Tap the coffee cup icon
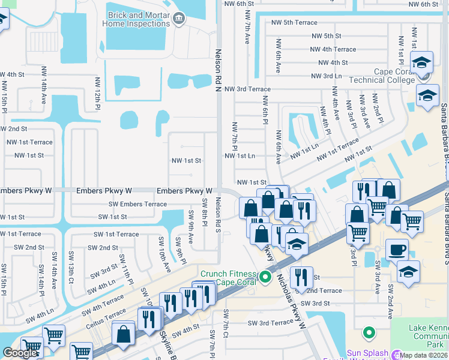[396, 249]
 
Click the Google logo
[20, 352]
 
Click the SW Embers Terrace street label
[138, 204]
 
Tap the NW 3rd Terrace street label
[247, 89]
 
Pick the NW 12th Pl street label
[97, 94]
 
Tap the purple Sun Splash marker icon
[396, 354]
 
